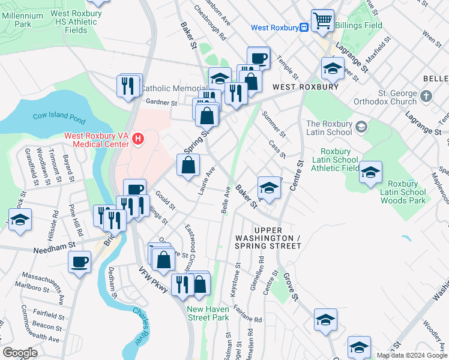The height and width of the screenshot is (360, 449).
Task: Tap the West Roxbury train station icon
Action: click(304, 27)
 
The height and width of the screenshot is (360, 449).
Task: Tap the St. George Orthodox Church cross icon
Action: click(426, 96)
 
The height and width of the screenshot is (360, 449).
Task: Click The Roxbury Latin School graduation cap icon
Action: click(362, 127)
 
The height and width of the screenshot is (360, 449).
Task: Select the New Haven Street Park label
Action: click(208, 313)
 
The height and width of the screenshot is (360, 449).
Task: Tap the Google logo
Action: click(20, 353)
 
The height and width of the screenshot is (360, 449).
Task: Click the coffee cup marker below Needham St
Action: click(80, 262)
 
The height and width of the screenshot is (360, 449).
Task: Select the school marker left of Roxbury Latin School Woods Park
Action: click(371, 172)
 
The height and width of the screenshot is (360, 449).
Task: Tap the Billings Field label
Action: click(358, 26)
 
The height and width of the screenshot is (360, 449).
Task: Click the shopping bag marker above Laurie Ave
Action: click(188, 164)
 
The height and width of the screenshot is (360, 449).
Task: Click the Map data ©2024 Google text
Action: click(411, 355)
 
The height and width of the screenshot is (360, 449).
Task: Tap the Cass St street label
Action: click(277, 149)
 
